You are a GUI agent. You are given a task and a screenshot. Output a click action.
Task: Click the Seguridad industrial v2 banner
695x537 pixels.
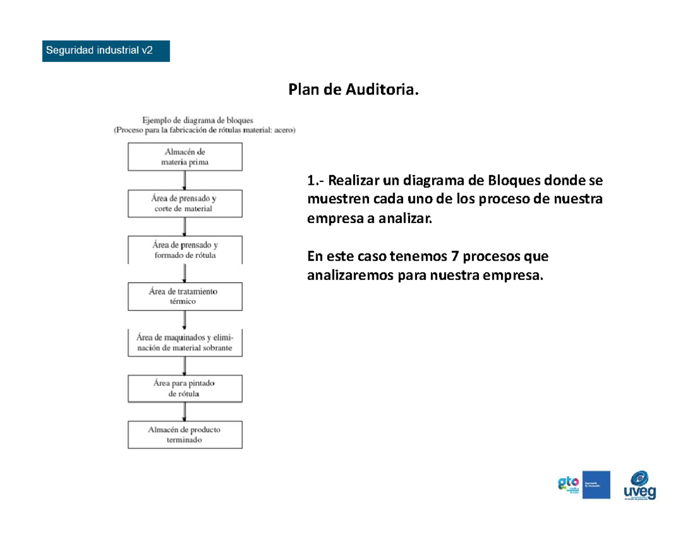(106, 50)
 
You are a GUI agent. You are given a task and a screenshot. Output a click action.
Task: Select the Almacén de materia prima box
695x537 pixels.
(185, 156)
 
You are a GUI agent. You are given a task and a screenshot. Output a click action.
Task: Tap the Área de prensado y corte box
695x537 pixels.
(185, 203)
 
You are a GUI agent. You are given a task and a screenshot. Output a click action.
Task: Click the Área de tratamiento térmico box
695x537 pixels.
(185, 295)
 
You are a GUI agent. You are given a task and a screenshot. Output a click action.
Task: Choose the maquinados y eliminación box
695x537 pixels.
(185, 342)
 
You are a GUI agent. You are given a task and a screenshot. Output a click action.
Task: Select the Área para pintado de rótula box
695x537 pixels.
(185, 388)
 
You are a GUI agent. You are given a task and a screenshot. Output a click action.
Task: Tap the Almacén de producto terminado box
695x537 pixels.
(185, 434)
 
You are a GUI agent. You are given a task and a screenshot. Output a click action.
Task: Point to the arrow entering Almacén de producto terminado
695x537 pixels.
(185, 411)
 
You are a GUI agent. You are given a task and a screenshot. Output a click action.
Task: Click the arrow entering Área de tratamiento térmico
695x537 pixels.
(185, 272)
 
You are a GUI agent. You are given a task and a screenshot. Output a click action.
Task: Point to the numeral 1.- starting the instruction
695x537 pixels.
(316, 181)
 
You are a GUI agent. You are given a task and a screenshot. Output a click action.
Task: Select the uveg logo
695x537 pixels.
(639, 485)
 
